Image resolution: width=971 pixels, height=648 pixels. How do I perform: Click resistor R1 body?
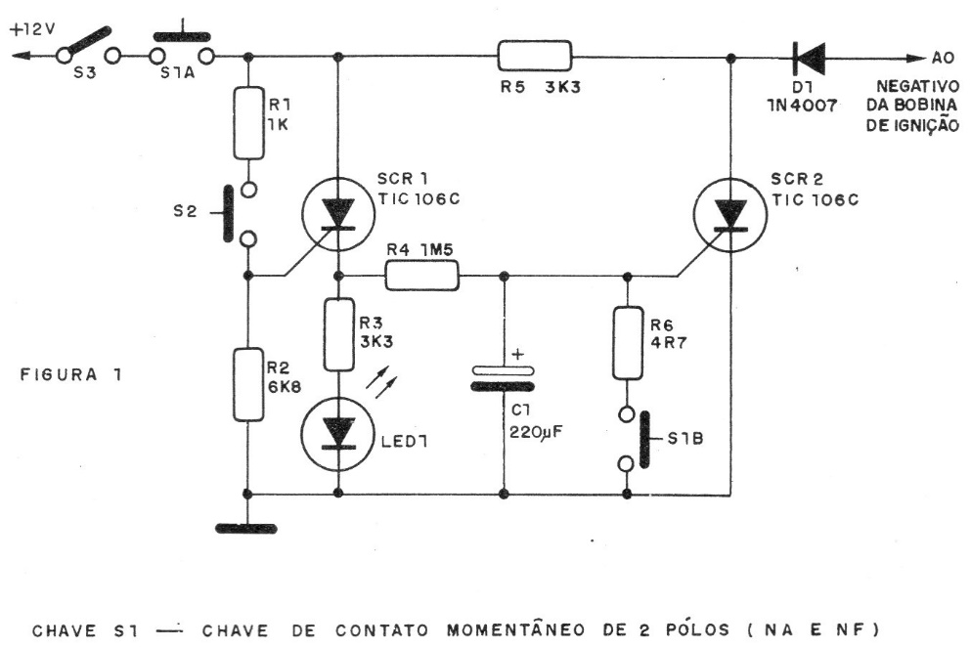250,122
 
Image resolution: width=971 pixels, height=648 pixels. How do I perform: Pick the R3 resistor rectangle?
337,334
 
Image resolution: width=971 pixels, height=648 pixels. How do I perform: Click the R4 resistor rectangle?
422,275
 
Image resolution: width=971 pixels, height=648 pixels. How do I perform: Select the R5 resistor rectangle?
534,55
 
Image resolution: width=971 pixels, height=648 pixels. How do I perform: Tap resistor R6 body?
627,342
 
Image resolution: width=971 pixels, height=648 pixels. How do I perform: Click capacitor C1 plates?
504,377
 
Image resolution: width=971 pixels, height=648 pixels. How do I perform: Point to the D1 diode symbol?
809,56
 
